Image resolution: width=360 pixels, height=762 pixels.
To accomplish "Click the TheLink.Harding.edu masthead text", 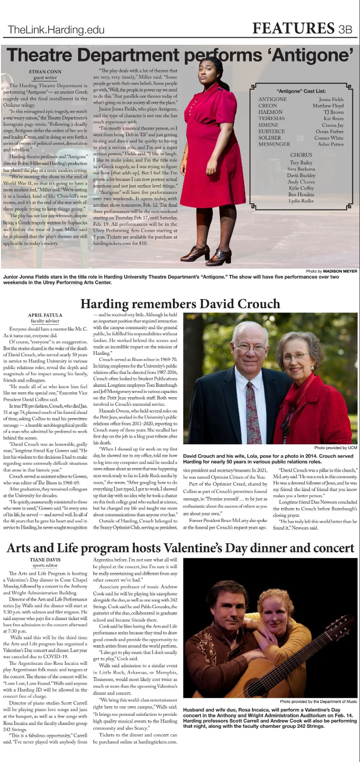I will (x=56, y=30).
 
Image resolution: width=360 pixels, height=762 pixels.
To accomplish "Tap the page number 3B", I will (x=345, y=29).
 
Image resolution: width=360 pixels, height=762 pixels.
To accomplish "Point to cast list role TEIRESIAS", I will (x=271, y=119).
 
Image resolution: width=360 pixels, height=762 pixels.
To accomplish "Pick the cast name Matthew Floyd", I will (x=328, y=106).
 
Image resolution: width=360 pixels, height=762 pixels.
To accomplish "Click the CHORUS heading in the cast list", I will (x=301, y=155).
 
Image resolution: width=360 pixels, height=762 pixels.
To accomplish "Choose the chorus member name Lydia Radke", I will (x=301, y=201).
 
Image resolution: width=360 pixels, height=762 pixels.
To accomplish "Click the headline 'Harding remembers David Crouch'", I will (x=180, y=304).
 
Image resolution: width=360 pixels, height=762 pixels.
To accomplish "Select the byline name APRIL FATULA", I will (x=45, y=315).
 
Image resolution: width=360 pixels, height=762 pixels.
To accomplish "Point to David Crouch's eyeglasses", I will (x=250, y=348).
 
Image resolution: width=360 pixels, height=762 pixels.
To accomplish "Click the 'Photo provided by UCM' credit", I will (x=335, y=448).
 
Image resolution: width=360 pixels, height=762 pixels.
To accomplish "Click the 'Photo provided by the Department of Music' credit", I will (x=318, y=702).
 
